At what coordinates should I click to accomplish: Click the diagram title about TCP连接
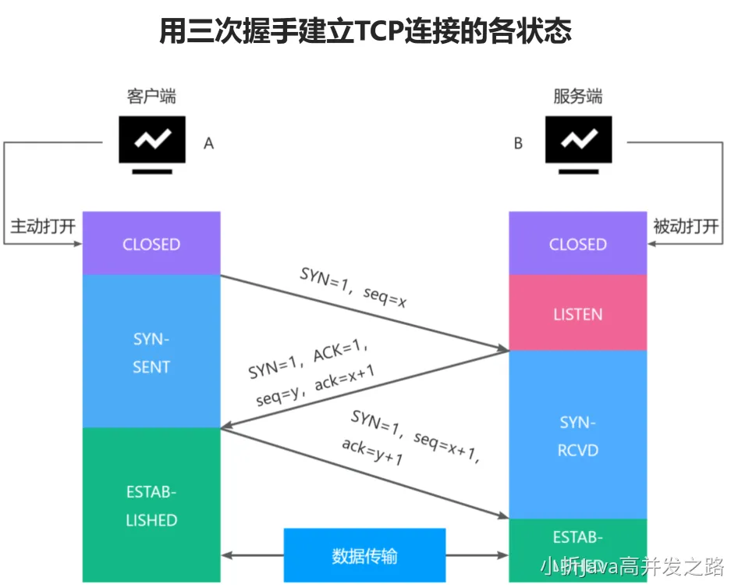point(365,31)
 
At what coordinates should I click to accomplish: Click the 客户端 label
point(151,97)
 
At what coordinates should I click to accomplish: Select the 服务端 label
point(578,97)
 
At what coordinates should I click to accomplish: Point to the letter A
point(208,144)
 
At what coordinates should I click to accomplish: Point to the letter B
point(519,144)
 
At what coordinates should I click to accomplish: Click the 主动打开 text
point(43,227)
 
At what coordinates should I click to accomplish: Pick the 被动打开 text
point(686,227)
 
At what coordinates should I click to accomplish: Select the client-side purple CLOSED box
point(151,244)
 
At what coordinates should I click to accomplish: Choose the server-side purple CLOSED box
point(578,244)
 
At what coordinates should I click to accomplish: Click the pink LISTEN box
point(578,314)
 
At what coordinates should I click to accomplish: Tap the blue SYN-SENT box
point(151,352)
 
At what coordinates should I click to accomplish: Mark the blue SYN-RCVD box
point(578,436)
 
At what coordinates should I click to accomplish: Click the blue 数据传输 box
point(364,555)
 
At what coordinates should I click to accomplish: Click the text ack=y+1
point(372,451)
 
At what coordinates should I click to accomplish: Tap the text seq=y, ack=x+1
point(315,387)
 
